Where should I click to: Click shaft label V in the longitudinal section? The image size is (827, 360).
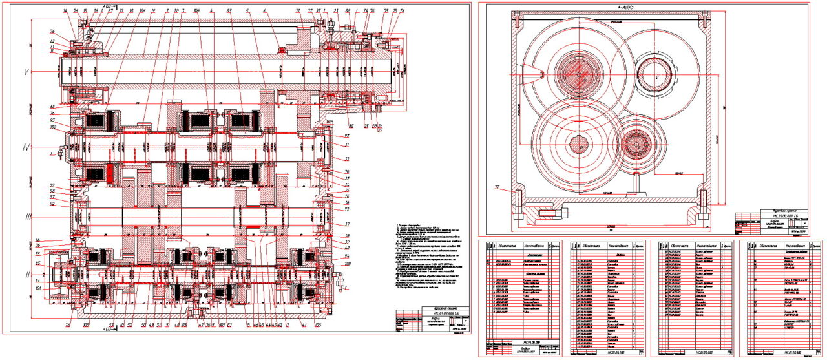[x=25, y=72]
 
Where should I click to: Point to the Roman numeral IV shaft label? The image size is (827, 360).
[x=26, y=148]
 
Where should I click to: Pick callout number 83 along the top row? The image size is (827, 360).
[x=229, y=12]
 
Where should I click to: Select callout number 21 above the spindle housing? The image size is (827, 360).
[x=298, y=12]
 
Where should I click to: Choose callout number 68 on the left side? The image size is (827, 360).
[x=52, y=107]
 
